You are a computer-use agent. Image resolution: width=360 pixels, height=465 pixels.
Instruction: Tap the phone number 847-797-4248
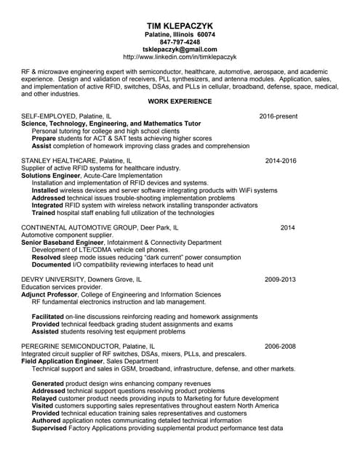[x=180, y=42]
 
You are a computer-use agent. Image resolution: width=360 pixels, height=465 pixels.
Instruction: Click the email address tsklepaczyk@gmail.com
[x=180, y=49]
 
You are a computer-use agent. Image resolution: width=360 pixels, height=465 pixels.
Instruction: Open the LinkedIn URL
[x=180, y=57]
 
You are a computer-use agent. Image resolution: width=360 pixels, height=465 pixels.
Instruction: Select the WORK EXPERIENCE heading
[x=180, y=101]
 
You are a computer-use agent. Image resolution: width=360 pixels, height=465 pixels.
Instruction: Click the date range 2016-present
[x=279, y=116]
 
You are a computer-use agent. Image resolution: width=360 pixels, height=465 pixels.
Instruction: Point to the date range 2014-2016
[x=281, y=160]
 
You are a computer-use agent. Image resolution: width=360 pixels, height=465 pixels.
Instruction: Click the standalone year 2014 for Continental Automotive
[x=288, y=227]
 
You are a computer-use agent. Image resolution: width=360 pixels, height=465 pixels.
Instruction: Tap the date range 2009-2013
[x=281, y=279]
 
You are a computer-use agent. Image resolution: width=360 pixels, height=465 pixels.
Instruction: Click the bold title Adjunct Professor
[x=52, y=294]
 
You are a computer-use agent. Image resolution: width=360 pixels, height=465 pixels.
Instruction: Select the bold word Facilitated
[x=49, y=317]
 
